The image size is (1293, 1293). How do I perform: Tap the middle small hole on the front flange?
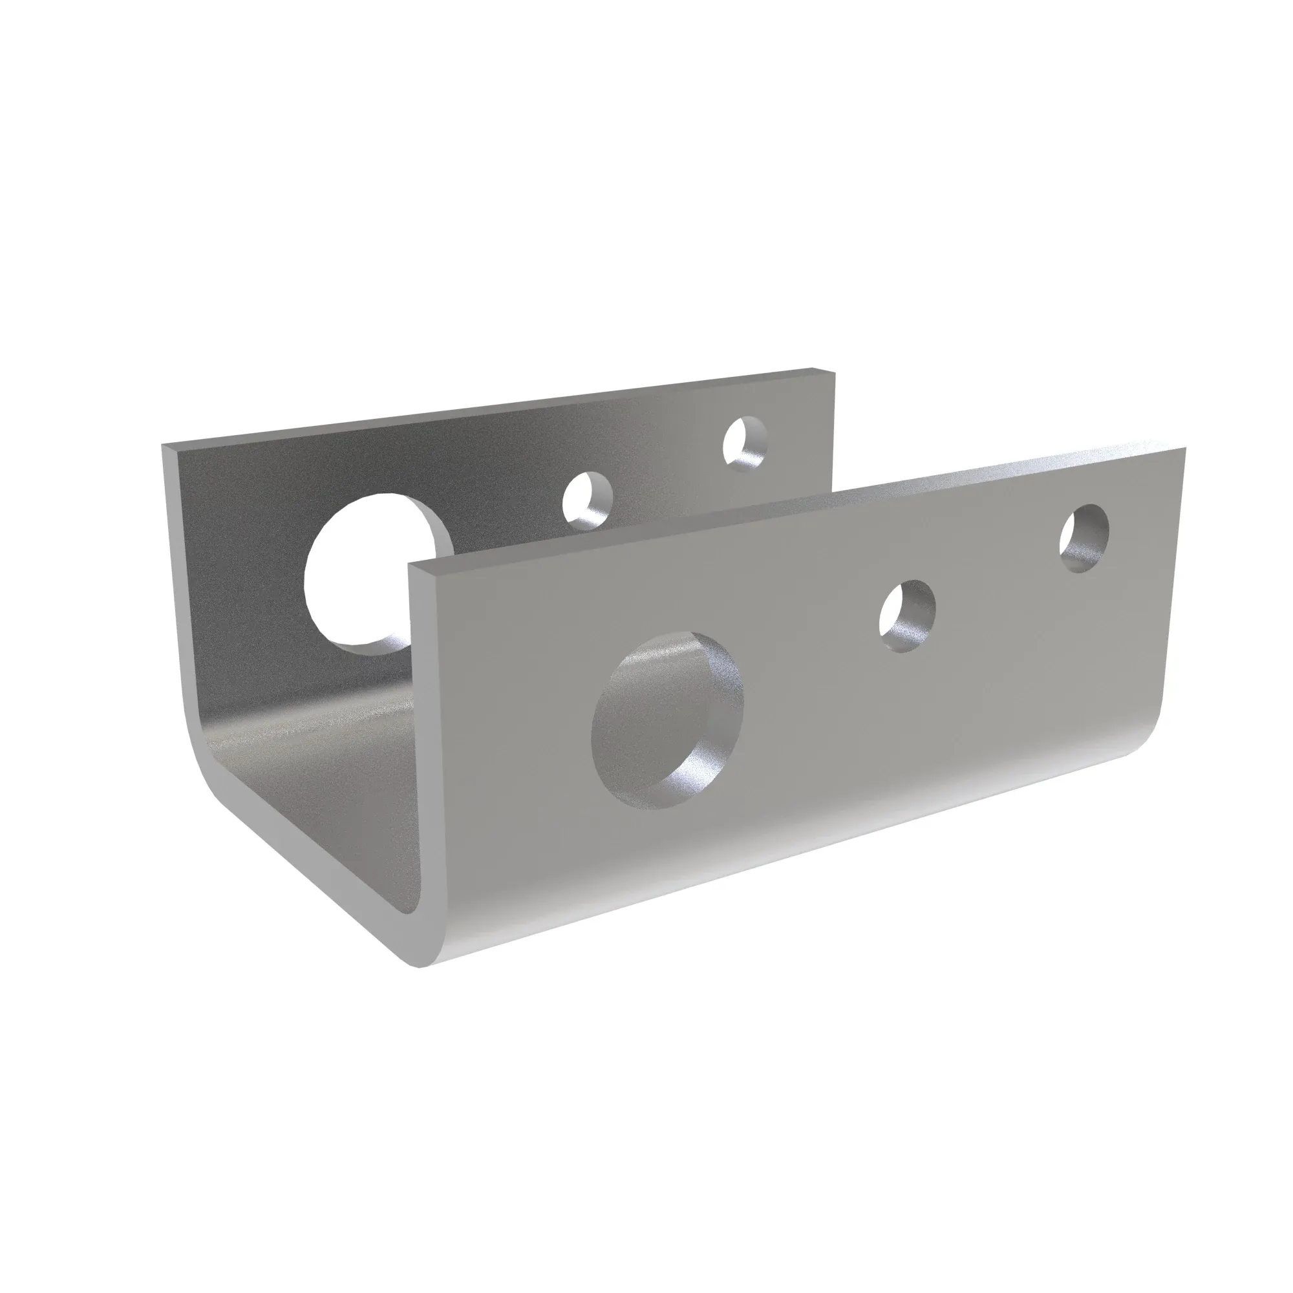click(907, 615)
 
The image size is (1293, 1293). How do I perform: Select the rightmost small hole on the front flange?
click(1084, 538)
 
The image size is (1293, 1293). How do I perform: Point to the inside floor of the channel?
click(321, 769)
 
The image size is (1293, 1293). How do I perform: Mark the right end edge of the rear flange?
click(833, 429)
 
